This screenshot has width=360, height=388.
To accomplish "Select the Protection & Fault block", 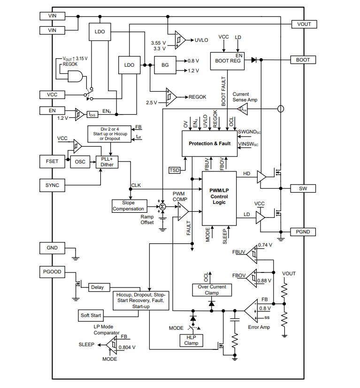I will pos(209,144).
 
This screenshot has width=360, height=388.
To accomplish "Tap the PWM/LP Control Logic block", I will pos(219,198).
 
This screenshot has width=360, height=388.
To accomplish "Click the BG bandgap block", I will pos(165,65).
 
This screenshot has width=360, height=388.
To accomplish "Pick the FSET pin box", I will pos(53,161).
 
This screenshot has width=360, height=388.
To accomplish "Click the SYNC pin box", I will pos(53,185).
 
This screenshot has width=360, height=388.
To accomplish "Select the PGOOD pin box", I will pos(53,272).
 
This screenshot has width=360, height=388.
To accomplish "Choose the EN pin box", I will pos(53,110).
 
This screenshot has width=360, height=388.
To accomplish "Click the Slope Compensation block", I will pos(128,206).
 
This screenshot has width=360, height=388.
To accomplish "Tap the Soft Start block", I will pos(92,315).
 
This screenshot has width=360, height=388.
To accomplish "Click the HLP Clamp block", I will pos(191,340).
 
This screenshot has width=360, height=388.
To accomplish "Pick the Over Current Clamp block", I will pos(212,290).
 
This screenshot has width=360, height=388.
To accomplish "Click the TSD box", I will pos(174,169).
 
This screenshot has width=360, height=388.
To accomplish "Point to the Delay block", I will pos(97,287).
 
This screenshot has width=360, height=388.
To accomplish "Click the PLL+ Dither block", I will pos(107,162).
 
